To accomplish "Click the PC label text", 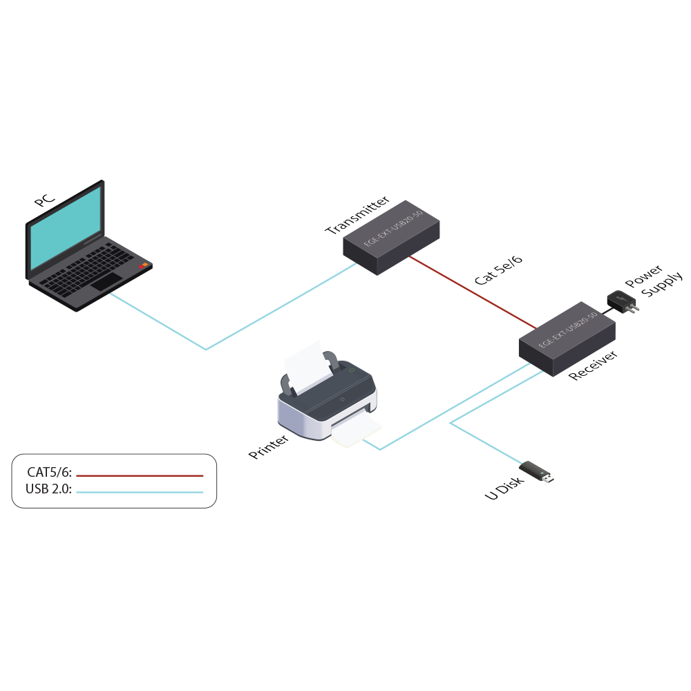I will tap(44, 199).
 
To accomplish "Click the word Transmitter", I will tap(352, 215).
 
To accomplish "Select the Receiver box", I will tap(567, 339).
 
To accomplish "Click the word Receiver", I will tap(593, 366).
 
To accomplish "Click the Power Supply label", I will tap(653, 280).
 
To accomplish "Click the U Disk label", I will tap(504, 488).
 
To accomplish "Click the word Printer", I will tap(269, 446).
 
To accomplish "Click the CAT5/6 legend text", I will tap(49, 473).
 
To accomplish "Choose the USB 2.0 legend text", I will tap(48, 490).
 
